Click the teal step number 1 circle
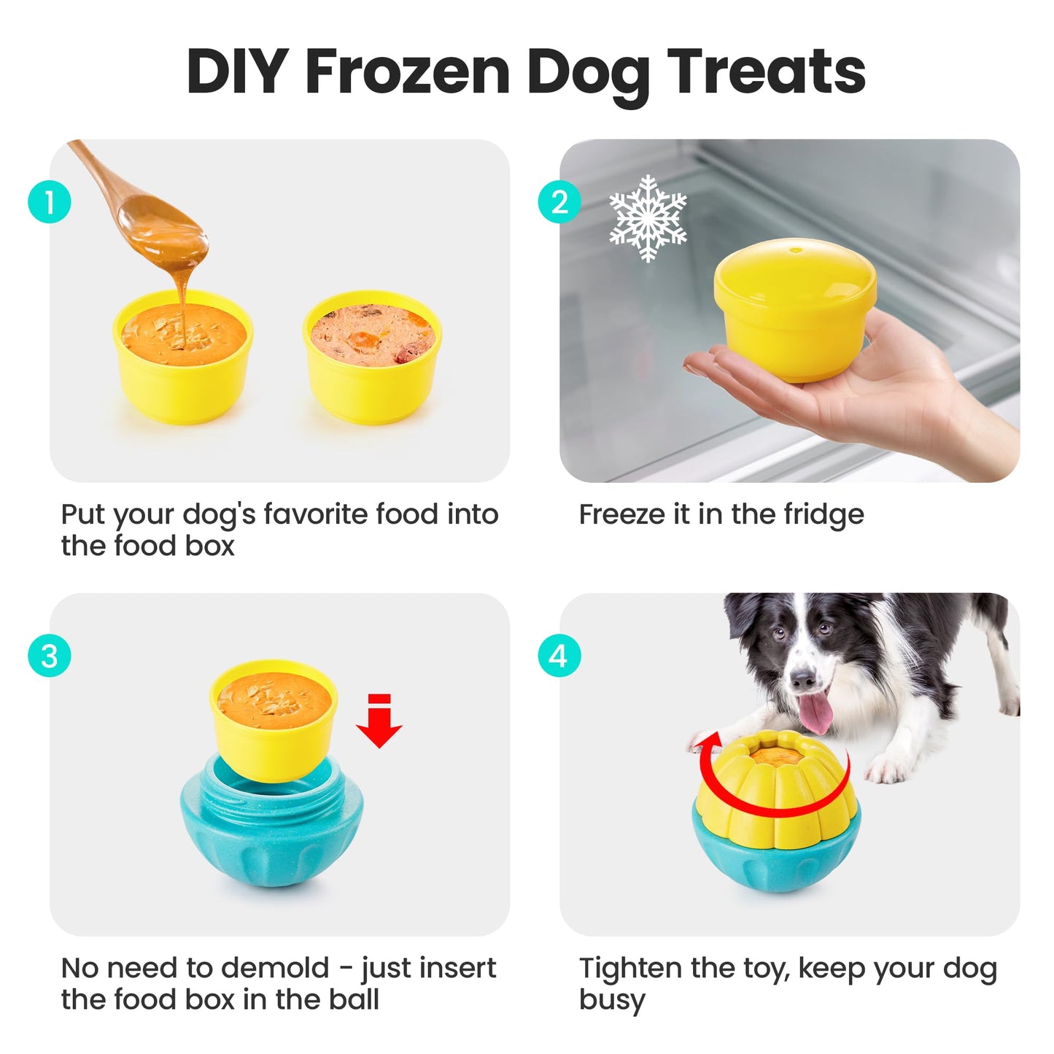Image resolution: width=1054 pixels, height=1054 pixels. coord(50,202)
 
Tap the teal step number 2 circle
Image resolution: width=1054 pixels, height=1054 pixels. coord(559,202)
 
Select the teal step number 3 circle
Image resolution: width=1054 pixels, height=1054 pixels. coord(50,656)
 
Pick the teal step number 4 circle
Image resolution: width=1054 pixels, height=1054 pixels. coord(559,656)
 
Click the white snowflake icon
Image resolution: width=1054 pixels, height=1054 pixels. coord(648,218)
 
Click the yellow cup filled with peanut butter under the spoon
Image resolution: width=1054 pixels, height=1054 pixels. coord(182,356)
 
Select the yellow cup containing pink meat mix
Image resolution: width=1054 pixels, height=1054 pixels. coord(373,356)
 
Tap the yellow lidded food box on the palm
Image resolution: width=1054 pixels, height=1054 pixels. coord(795,310)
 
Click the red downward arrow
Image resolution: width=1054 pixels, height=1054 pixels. coord(379,721)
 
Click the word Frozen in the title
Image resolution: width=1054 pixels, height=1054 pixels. coord(408,73)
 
